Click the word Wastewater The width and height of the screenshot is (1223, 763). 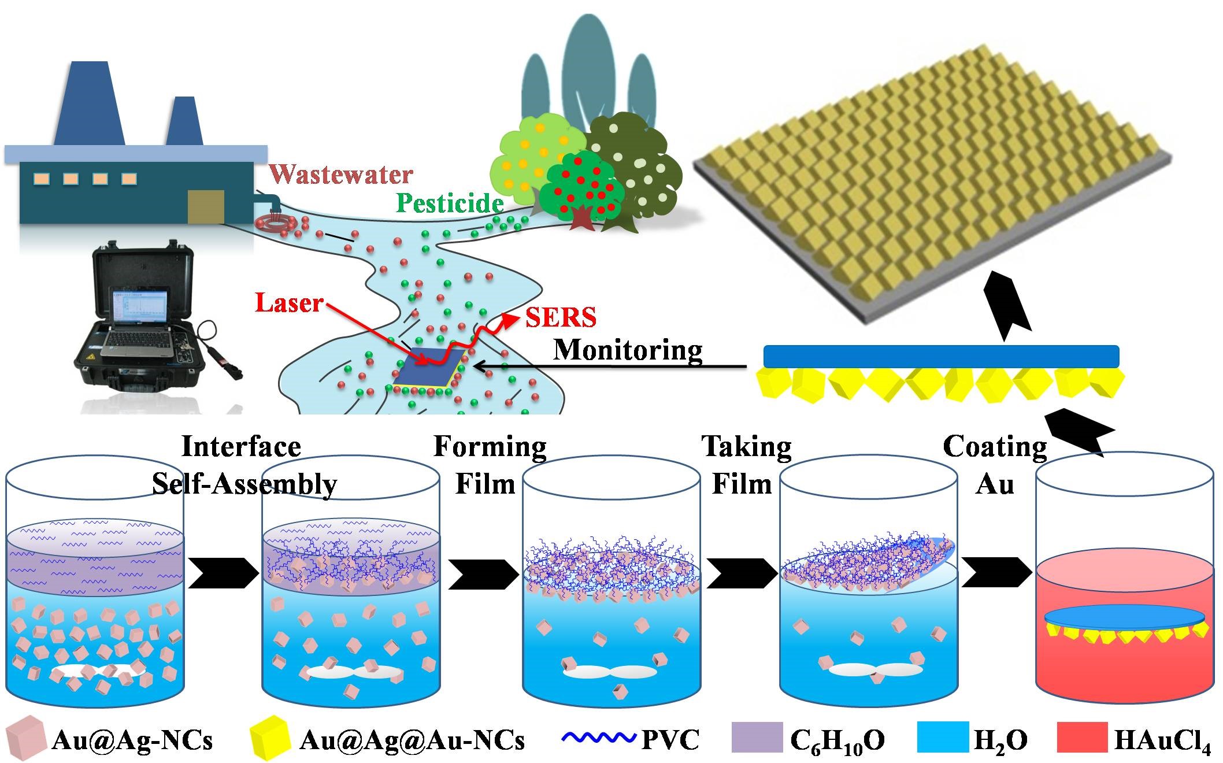click(341, 174)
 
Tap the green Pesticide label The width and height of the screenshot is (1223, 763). click(450, 203)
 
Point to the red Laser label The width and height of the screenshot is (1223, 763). click(289, 303)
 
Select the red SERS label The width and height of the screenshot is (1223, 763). click(560, 317)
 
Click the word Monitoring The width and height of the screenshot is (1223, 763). click(628, 350)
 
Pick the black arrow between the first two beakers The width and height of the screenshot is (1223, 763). click(223, 573)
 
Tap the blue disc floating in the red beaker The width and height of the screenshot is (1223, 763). click(1125, 616)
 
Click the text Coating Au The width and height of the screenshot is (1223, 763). click(995, 464)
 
